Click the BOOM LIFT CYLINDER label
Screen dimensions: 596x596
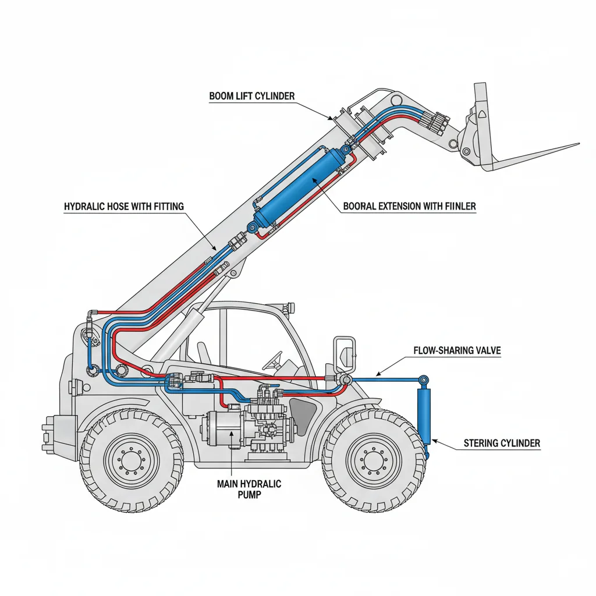[x=252, y=95]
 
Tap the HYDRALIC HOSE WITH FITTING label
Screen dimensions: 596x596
[x=123, y=206]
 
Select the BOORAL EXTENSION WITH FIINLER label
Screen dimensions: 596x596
[x=409, y=206]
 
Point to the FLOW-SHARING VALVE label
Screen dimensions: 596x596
[x=457, y=351]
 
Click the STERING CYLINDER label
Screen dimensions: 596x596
[x=502, y=444]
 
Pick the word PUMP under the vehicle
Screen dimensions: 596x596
[x=249, y=495]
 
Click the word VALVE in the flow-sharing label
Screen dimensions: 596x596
[x=485, y=351]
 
